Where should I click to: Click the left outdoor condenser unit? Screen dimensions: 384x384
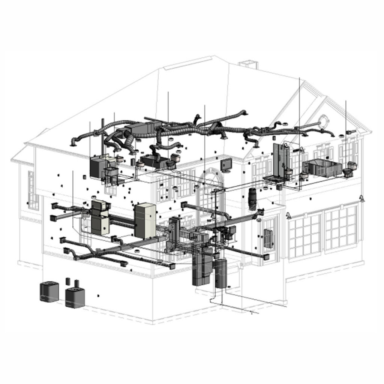coord(49,292)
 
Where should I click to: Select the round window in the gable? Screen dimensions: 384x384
coord(322,121)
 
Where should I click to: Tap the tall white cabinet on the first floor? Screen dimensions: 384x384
coord(145,221)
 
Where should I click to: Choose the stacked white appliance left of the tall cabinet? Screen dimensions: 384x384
coord(100,217)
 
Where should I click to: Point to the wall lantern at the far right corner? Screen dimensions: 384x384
coord(362,198)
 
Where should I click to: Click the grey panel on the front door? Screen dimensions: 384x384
coord(268,238)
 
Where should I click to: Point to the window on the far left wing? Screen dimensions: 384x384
coord(33,190)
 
